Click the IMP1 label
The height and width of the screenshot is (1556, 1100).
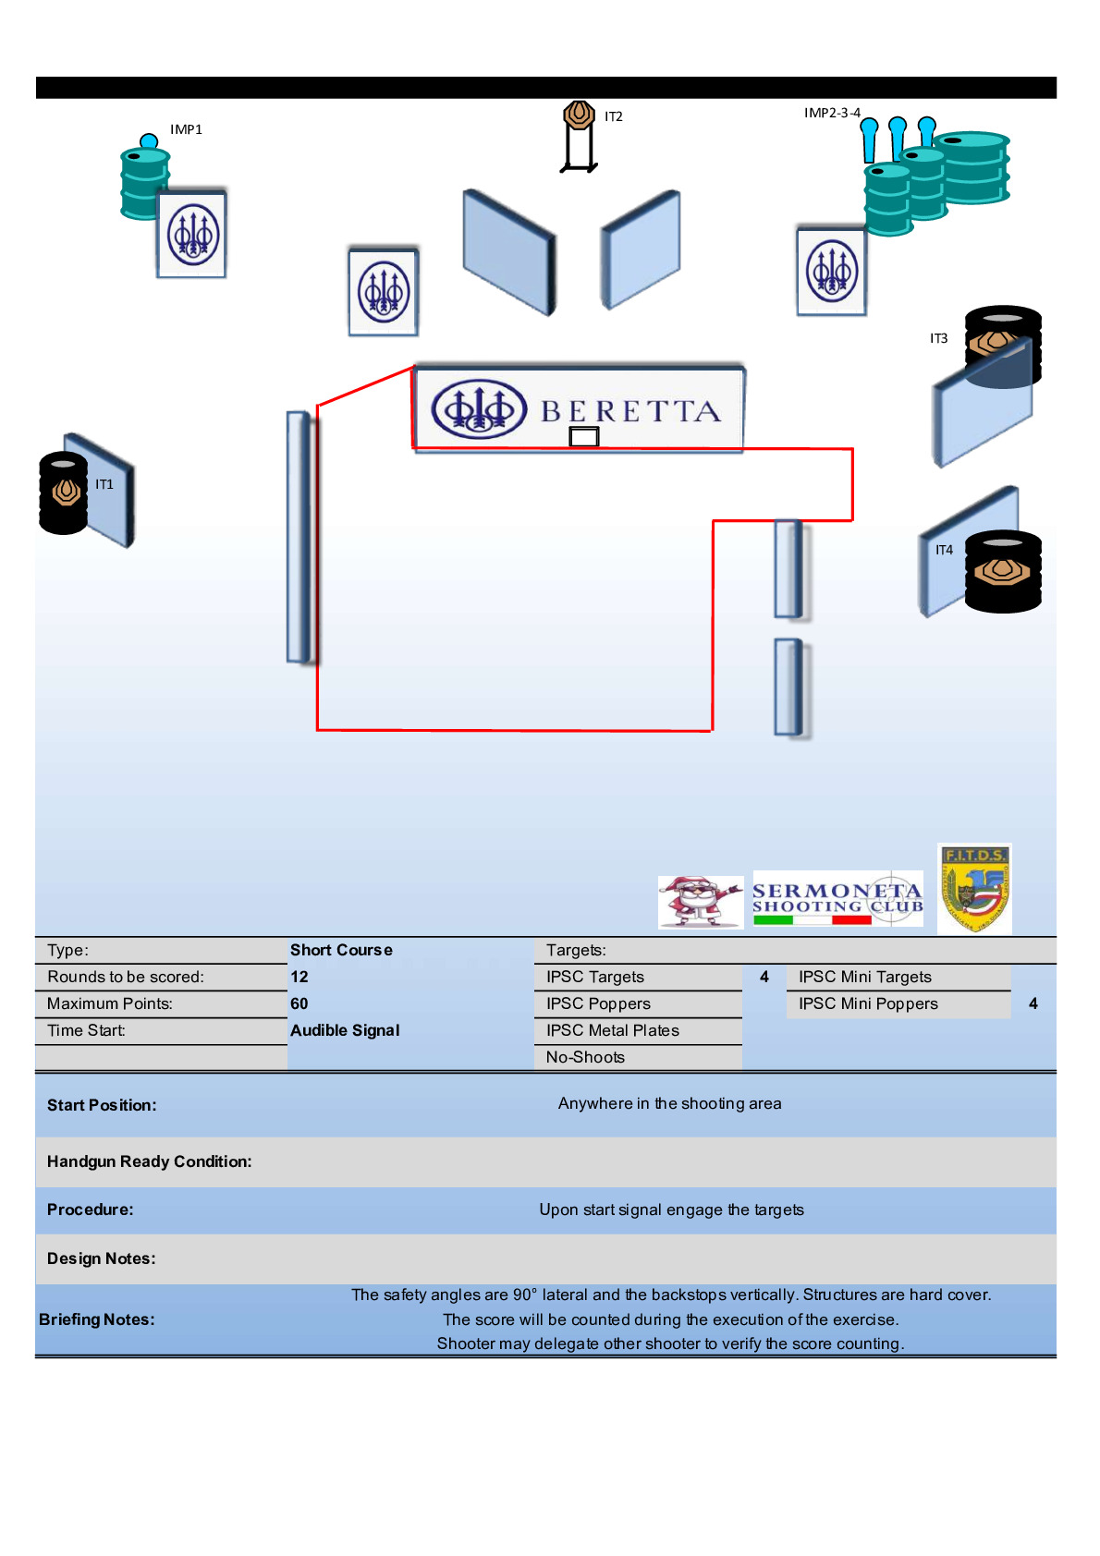click(x=186, y=129)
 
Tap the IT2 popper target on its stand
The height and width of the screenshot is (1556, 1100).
click(x=579, y=116)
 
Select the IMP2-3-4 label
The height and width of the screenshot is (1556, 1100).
click(x=832, y=113)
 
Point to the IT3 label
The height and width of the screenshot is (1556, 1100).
click(x=938, y=338)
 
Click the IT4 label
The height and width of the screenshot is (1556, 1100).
click(x=944, y=550)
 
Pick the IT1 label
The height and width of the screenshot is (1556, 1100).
click(x=104, y=484)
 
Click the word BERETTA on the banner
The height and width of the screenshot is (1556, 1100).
click(x=630, y=411)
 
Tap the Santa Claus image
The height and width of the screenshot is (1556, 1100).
click(x=700, y=901)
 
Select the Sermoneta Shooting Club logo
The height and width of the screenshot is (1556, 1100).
click(x=837, y=898)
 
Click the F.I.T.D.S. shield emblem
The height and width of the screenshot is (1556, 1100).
click(x=974, y=888)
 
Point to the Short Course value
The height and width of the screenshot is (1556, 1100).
click(x=341, y=950)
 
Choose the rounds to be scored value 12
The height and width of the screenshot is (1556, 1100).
click(x=299, y=977)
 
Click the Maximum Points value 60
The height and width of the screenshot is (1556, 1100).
click(x=299, y=1003)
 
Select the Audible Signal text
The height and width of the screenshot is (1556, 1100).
click(x=345, y=1030)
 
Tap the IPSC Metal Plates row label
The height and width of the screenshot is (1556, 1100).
click(x=612, y=1030)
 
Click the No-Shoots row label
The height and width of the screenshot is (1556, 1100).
click(x=585, y=1057)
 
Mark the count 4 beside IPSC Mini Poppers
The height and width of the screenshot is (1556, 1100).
click(x=1033, y=1003)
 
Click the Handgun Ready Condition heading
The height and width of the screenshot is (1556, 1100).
click(x=149, y=1161)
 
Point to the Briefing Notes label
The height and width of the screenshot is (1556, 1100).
click(x=97, y=1319)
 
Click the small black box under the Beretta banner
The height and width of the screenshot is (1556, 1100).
click(x=584, y=437)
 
